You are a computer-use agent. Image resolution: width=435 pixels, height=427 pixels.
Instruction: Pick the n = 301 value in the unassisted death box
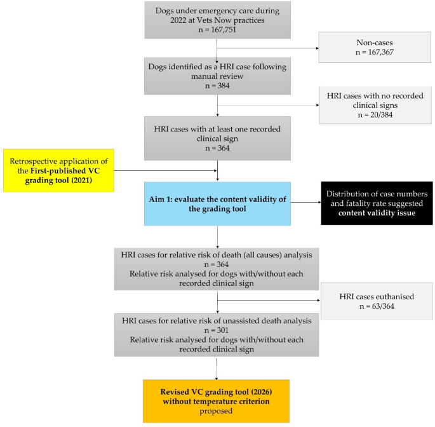coord(218,330)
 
